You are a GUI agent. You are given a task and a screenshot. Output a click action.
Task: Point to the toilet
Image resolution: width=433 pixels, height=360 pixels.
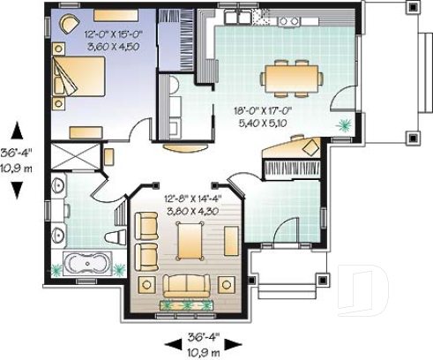[114, 236]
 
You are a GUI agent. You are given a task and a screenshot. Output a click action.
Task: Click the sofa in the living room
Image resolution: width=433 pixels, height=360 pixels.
[187, 285]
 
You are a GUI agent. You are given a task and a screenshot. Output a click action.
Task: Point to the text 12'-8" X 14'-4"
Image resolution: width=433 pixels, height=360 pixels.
[190, 199]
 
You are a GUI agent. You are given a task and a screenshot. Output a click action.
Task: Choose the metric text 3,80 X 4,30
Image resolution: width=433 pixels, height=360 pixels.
[190, 211]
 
